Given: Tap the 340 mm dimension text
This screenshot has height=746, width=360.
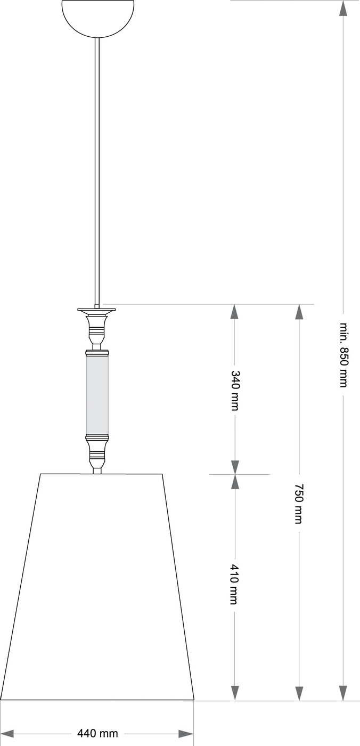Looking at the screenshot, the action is pyautogui.click(x=235, y=390).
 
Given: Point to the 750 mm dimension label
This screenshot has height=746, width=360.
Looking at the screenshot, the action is pyautogui.click(x=299, y=504).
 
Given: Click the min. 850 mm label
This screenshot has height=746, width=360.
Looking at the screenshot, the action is pyautogui.click(x=343, y=354).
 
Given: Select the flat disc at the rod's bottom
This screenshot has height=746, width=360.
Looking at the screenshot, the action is pyautogui.click(x=96, y=310).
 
